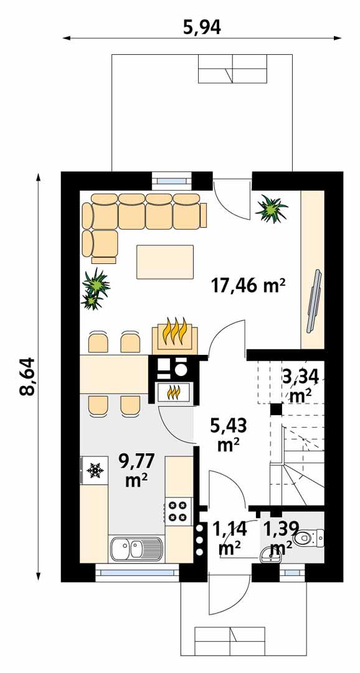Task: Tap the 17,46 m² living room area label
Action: pos(249,286)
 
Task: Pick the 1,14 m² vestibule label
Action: pos(230,539)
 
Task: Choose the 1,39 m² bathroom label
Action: pos(278,539)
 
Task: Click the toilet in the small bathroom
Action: pos(309,536)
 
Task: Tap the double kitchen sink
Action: pos(136,549)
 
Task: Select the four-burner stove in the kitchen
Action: pos(178,511)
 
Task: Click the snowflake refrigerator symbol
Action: pos(95,471)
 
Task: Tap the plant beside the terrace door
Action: pos(271,208)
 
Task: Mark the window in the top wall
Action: pos(172,181)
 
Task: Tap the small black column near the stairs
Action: pos(274,410)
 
